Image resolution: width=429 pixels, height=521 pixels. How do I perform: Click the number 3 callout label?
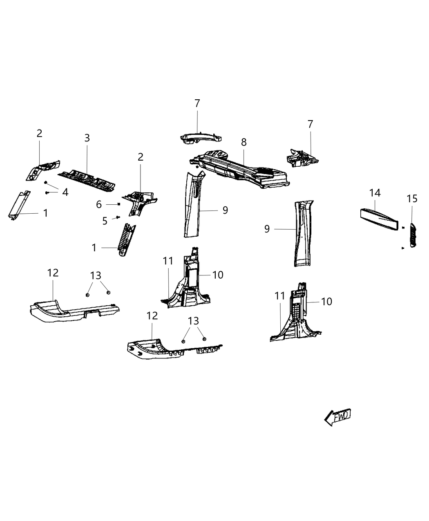pyautogui.click(x=87, y=138)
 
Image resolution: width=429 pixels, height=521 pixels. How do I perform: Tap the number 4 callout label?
pyautogui.click(x=65, y=192)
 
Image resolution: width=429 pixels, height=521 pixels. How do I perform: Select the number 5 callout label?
pyautogui.click(x=105, y=221)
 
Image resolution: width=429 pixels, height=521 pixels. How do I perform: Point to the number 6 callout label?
pyautogui.click(x=99, y=204)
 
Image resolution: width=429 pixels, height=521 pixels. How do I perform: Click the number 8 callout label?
pyautogui.click(x=244, y=142)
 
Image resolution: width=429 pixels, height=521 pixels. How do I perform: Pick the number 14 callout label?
pyautogui.click(x=375, y=192)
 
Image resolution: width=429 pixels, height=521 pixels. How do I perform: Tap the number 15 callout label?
pyautogui.click(x=412, y=199)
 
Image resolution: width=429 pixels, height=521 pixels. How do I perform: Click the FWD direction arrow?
pyautogui.click(x=337, y=417)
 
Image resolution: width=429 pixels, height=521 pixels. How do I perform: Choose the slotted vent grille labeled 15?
pyautogui.click(x=412, y=235)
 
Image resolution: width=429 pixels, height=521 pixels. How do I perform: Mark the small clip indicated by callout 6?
pyautogui.click(x=118, y=204)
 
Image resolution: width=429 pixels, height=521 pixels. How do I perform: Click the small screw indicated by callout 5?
pyautogui.click(x=118, y=217)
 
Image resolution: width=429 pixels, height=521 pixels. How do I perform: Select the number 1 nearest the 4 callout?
pyautogui.click(x=45, y=213)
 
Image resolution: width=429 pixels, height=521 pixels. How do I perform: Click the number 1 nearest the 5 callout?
pyautogui.click(x=94, y=248)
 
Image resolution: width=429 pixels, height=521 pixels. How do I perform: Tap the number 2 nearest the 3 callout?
pyautogui.click(x=39, y=133)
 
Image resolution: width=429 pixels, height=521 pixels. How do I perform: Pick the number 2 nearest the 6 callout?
pyautogui.click(x=141, y=157)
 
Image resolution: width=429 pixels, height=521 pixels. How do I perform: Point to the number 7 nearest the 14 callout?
pyautogui.click(x=310, y=124)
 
